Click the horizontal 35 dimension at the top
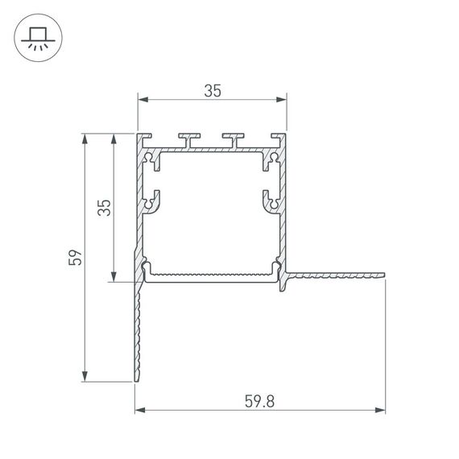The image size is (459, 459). coord(212,91)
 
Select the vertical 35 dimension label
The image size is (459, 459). coord(103,208)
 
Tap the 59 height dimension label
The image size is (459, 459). coord(75,258)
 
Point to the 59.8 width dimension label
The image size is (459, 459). coord(259,400)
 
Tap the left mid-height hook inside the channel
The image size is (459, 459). coord(151,200)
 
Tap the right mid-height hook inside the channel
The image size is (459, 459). coord(271,200)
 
